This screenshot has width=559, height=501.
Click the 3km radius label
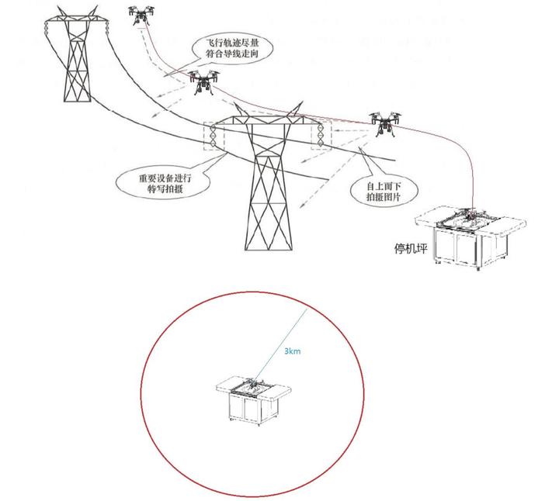(x=292, y=352)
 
